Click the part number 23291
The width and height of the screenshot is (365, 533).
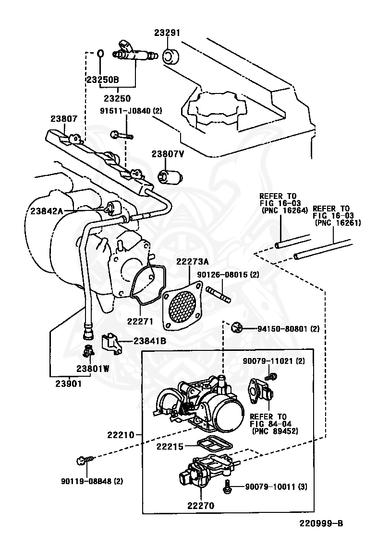[x=167, y=33]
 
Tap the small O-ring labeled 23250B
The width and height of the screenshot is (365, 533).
[x=100, y=53]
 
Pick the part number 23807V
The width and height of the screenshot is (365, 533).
[x=168, y=154]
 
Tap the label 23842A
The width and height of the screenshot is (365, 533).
[x=47, y=210]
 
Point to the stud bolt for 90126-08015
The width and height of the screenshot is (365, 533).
[x=219, y=293]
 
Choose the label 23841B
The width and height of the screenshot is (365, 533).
[x=149, y=341]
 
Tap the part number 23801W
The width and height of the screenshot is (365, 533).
[x=92, y=369]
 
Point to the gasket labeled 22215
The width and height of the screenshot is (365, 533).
[x=214, y=444]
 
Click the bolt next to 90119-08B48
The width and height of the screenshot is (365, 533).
[x=81, y=461]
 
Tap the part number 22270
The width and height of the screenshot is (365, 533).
[x=200, y=505]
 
